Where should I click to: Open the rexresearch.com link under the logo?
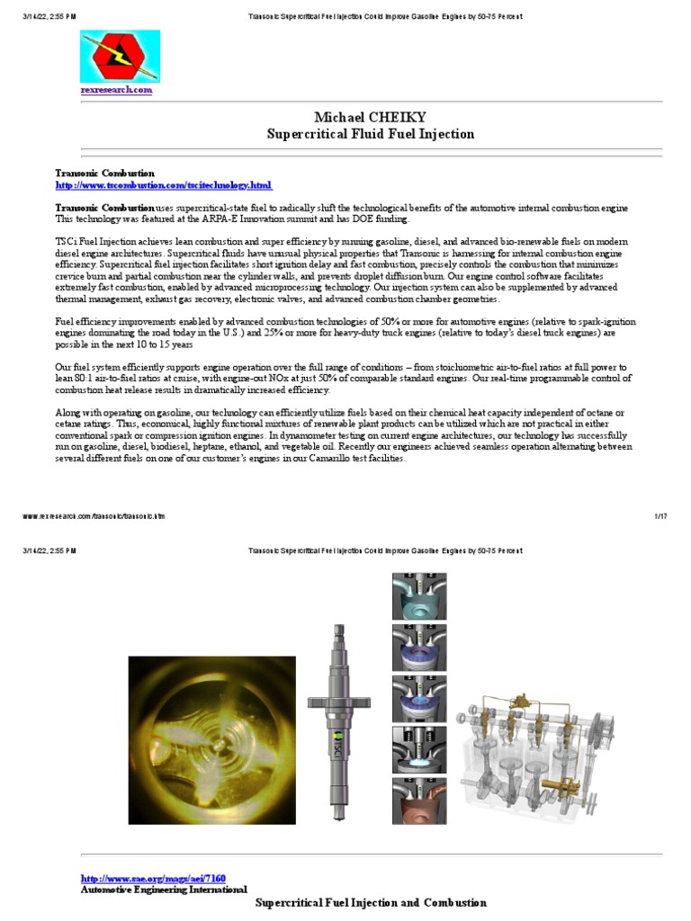pos(116,90)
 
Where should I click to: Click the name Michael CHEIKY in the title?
pos(371,118)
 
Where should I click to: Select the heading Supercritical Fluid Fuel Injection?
pos(371,134)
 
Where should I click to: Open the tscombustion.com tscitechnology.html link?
pos(163,185)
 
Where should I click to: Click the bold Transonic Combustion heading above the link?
pos(104,173)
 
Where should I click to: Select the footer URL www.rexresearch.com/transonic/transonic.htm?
pos(94,516)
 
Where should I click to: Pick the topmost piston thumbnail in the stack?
pos(419,595)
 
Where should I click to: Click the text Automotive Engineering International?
pos(164,890)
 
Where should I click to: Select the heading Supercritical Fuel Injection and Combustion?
pos(371,902)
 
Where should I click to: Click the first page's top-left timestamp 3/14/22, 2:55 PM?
pos(49,17)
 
